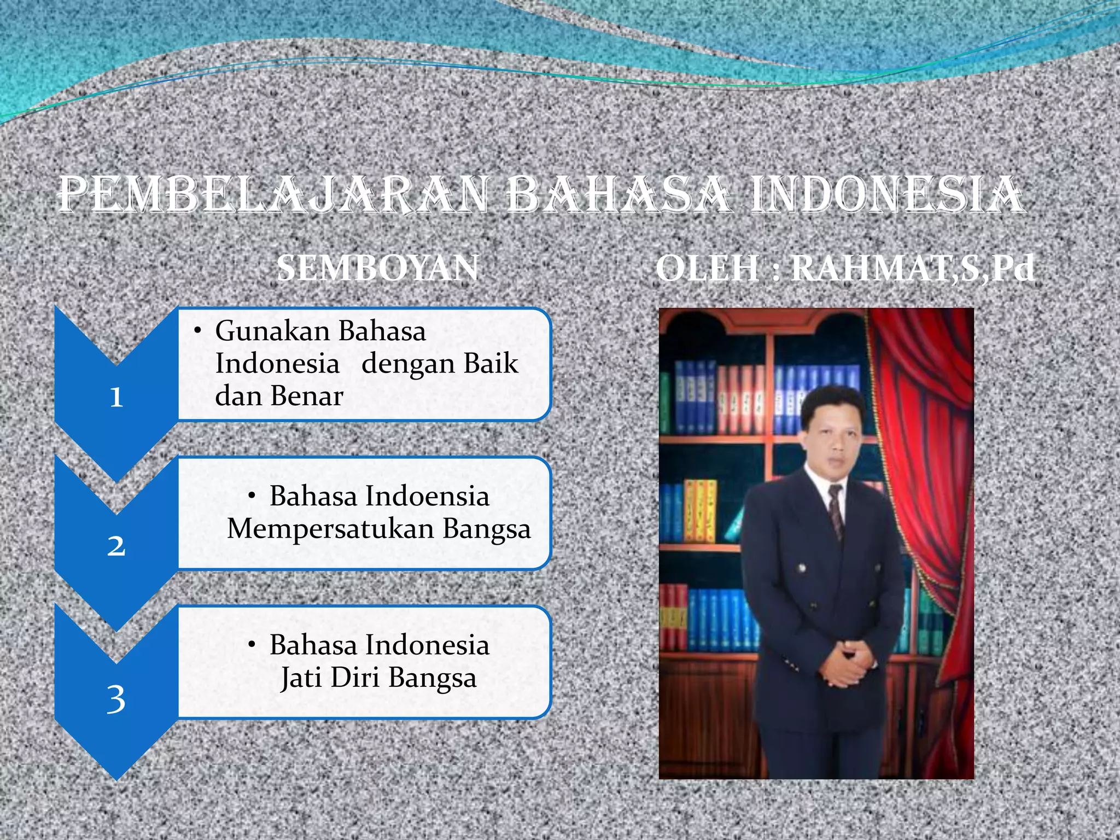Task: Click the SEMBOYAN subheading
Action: pos(377,269)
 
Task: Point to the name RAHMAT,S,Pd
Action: pos(913,269)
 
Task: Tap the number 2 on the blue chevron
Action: pos(116,546)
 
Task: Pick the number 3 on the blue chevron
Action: pos(116,699)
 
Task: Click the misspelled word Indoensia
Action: pos(427,497)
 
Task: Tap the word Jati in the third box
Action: pos(301,678)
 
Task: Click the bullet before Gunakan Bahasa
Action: pos(198,331)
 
